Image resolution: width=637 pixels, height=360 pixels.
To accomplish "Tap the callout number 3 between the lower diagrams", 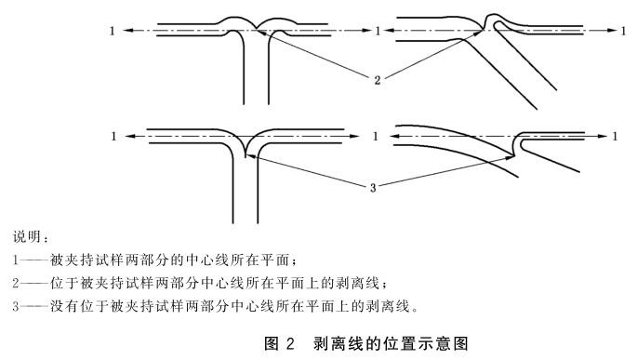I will [372, 188].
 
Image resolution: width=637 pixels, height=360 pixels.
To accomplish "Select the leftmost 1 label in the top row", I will [113, 31].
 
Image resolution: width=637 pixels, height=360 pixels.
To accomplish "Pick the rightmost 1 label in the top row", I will [623, 31].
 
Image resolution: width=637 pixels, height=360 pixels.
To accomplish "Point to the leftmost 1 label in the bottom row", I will [113, 136].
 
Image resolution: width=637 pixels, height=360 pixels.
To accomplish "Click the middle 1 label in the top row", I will [378, 31].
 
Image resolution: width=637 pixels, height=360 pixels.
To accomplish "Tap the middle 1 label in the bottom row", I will [375, 136].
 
